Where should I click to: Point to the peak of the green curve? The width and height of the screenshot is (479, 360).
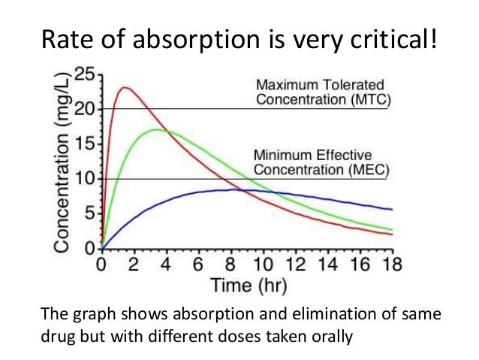pyautogui.click(x=155, y=129)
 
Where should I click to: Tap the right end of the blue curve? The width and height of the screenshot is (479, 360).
pyautogui.click(x=391, y=209)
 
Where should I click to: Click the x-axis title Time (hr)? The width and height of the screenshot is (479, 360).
pyautogui.click(x=246, y=286)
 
